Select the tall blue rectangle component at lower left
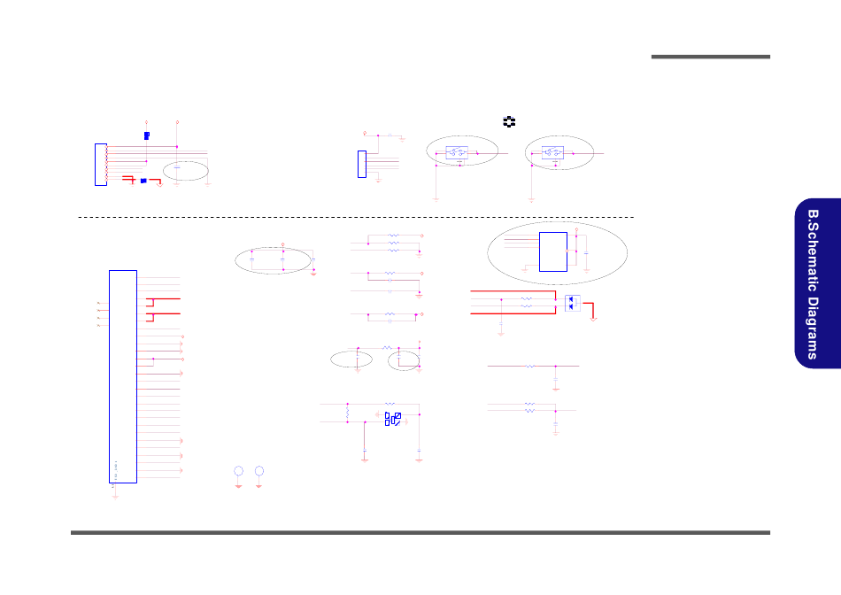[x=123, y=375]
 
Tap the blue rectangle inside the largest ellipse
[x=552, y=251]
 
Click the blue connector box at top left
[x=100, y=164]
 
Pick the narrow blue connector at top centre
[x=362, y=164]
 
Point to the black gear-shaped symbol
[x=509, y=121]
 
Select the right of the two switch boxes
[x=554, y=152]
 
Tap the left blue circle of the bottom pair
[x=238, y=470]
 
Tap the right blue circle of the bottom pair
[x=258, y=470]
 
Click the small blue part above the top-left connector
[x=146, y=135]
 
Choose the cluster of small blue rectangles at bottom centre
[x=394, y=419]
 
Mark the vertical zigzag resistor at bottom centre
[x=348, y=413]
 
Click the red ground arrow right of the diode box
[x=594, y=317]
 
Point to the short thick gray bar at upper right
[x=710, y=58]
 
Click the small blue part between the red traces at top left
[x=143, y=181]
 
